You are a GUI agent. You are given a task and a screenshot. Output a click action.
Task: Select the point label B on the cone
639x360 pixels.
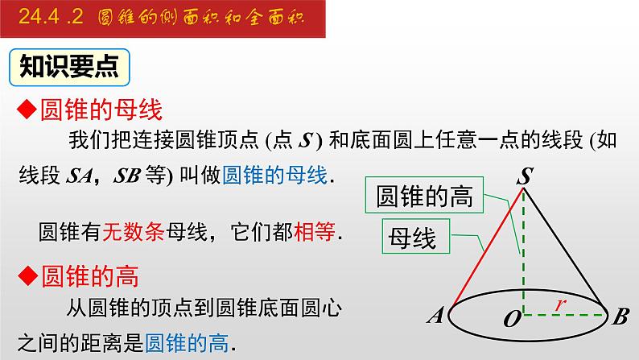619,317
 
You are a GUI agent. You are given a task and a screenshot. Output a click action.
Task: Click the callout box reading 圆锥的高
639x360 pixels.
425,196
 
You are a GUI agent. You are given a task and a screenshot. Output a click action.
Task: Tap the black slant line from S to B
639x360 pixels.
566,247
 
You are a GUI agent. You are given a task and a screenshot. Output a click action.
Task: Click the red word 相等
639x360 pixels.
315,233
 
